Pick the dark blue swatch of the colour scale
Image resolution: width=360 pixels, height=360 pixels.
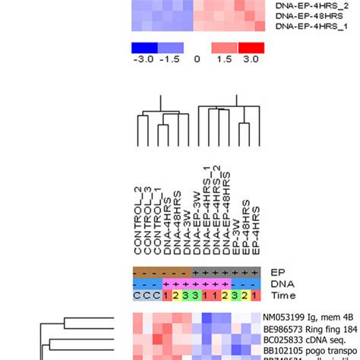(x=143, y=47)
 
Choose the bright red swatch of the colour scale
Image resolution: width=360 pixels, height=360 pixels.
(x=250, y=47)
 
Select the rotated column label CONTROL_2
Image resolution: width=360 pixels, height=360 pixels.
(x=138, y=228)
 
